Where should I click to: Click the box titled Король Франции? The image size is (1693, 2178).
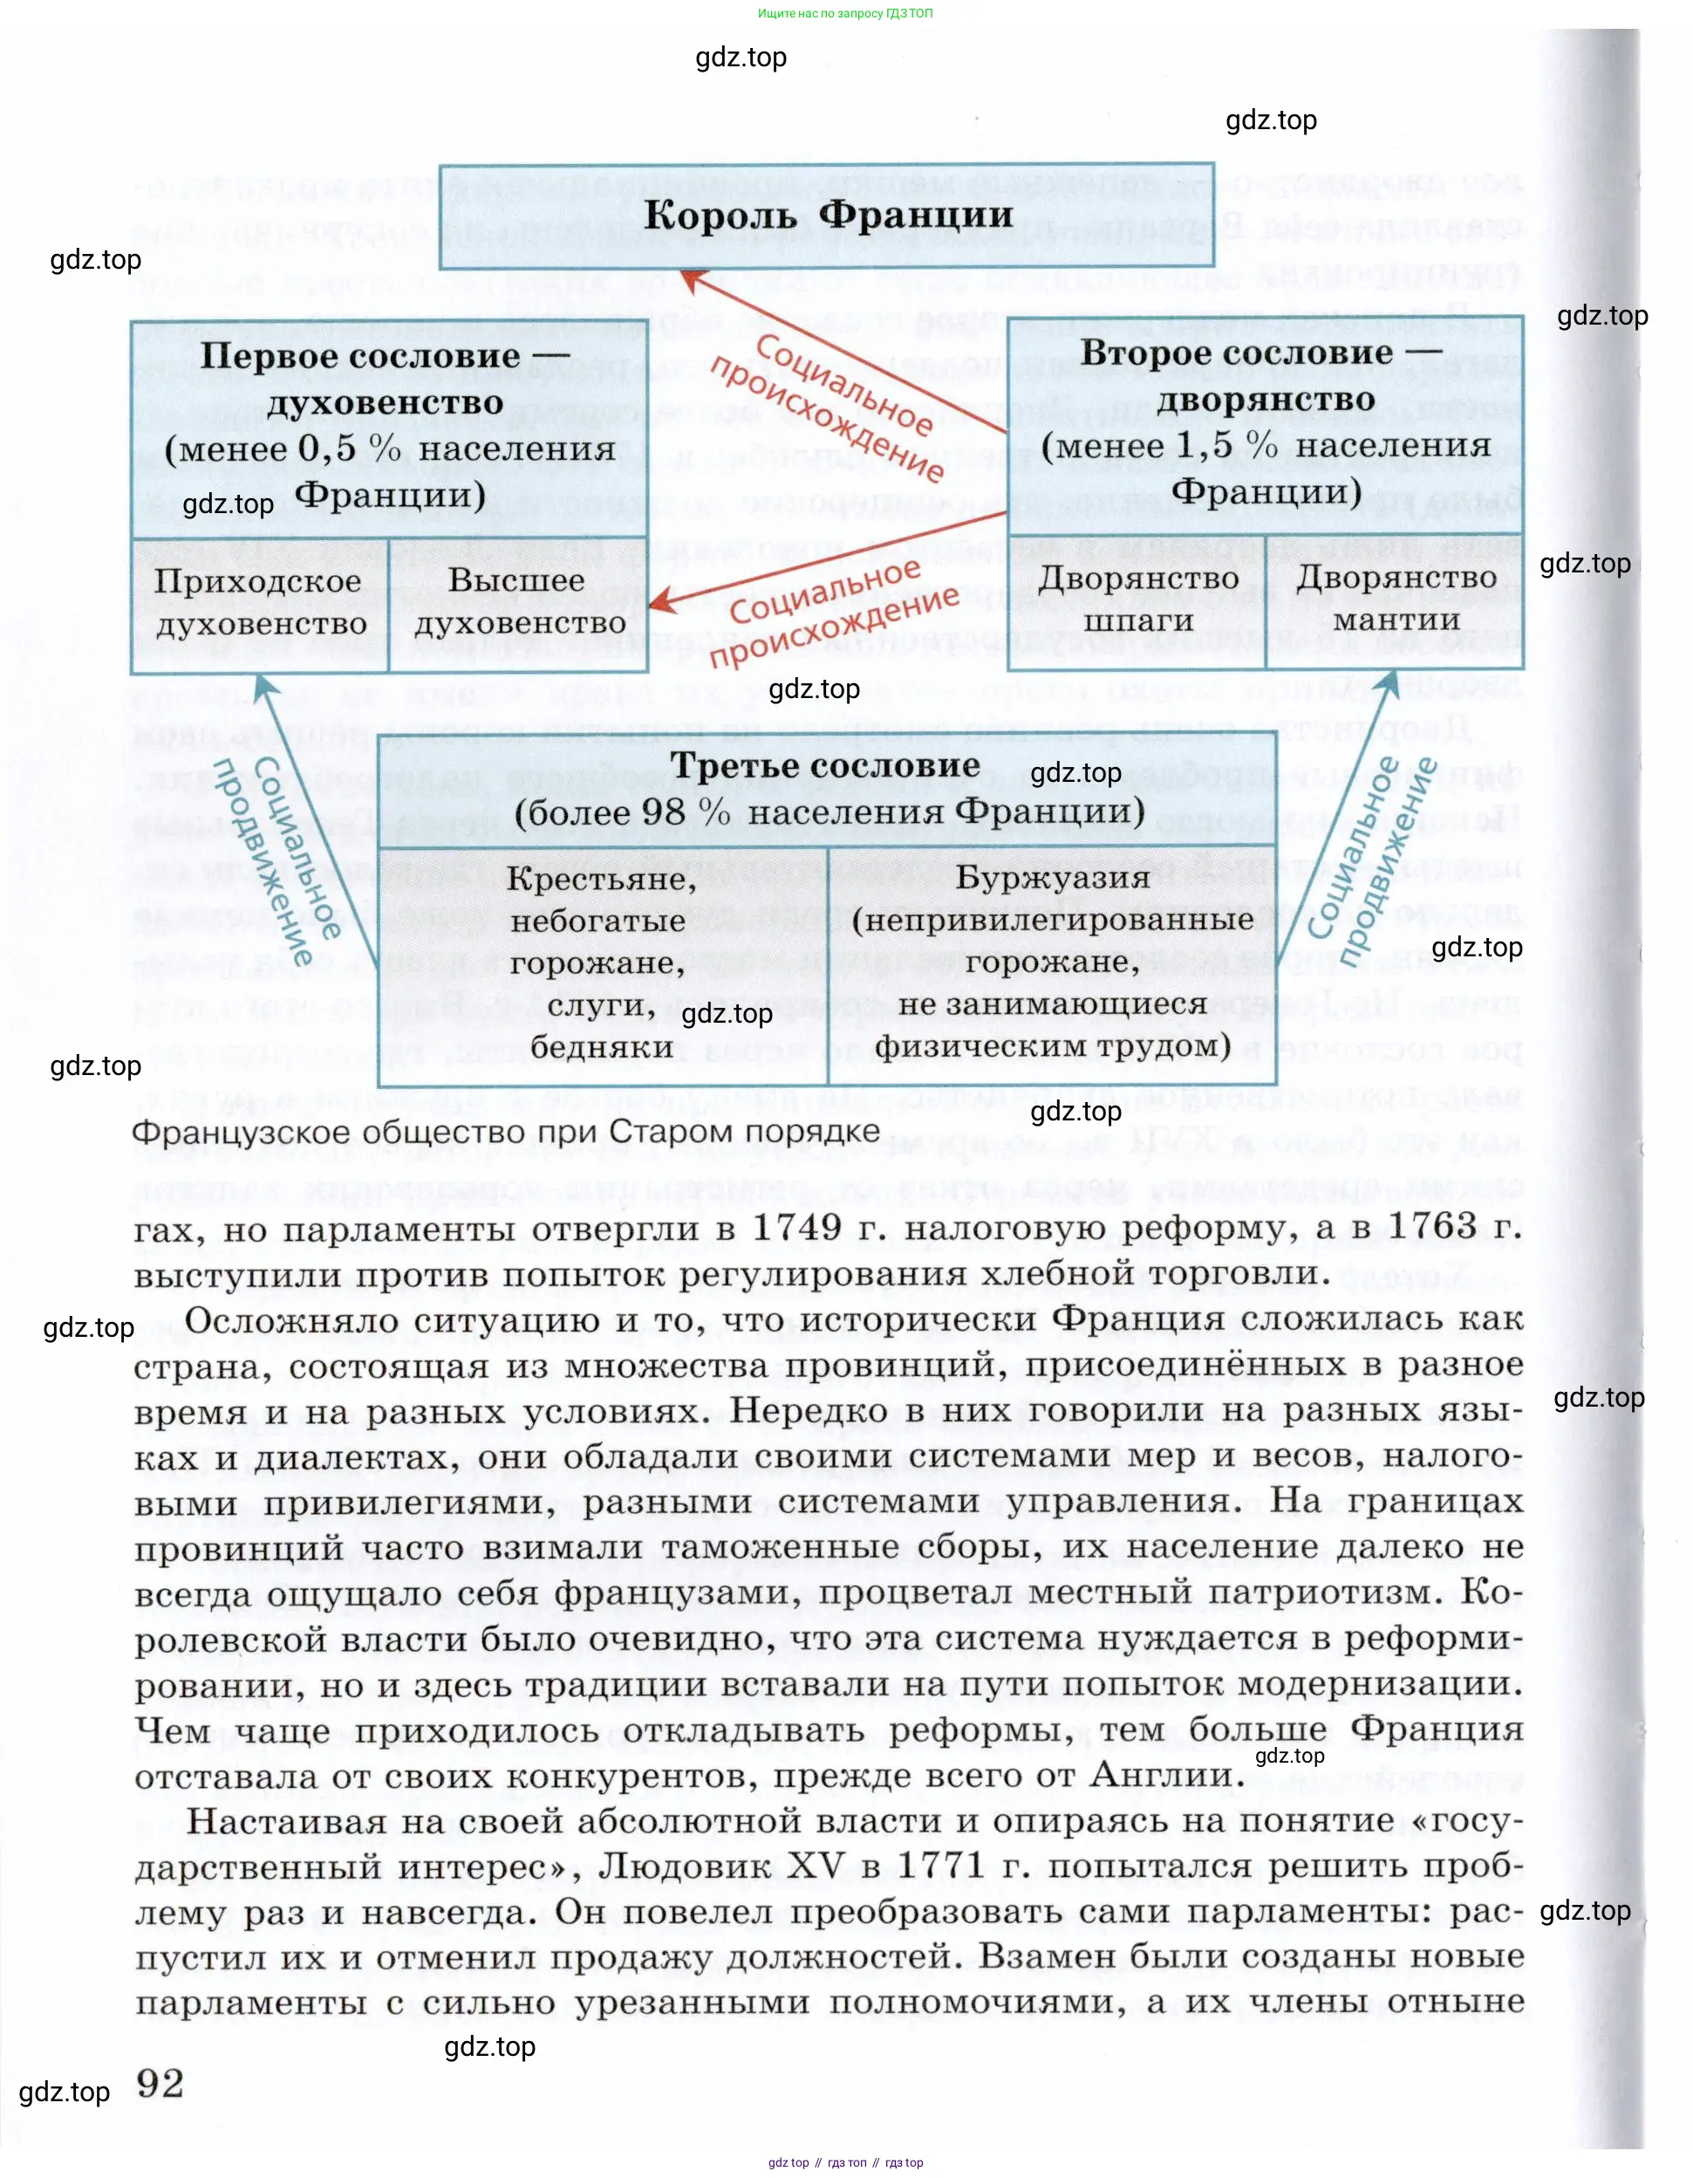[x=827, y=216]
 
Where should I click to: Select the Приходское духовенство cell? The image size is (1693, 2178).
[x=259, y=602]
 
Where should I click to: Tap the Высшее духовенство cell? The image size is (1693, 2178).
[x=518, y=602]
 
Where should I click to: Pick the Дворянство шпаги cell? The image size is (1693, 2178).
[x=1137, y=599]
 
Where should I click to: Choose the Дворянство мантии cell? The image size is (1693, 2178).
[x=1395, y=599]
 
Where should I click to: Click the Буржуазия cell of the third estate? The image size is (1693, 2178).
[x=1052, y=962]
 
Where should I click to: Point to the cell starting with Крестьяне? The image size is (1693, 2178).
[x=601, y=962]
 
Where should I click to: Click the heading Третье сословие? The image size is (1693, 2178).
[x=824, y=765]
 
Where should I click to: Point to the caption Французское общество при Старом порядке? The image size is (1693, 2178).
[x=506, y=1133]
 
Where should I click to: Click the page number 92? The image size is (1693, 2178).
[x=160, y=2085]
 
